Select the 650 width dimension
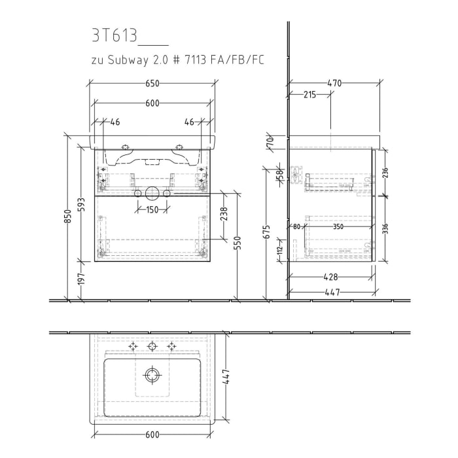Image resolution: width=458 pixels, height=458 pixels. tap(152, 84)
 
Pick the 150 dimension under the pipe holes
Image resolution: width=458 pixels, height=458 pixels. tap(152, 209)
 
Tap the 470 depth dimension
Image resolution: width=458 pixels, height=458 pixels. tap(334, 83)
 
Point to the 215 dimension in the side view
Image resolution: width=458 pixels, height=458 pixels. tap(310, 95)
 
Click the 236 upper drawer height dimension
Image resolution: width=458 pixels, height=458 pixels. tap(385, 171)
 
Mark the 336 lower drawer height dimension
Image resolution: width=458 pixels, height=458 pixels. tap(385, 228)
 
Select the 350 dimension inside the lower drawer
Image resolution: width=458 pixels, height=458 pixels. tap(338, 227)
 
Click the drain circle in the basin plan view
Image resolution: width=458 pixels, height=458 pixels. tap(152, 375)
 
